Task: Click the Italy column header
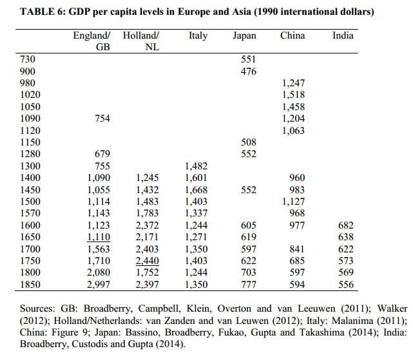(x=198, y=36)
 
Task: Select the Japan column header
(x=244, y=36)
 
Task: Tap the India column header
(x=343, y=35)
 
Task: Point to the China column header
(x=293, y=35)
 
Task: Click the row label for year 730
(x=28, y=59)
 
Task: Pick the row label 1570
(x=30, y=213)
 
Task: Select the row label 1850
(x=30, y=285)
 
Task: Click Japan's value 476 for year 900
(x=248, y=71)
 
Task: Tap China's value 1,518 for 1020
(x=293, y=95)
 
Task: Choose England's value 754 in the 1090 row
(x=102, y=118)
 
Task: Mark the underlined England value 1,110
(x=99, y=237)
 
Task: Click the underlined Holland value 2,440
(x=148, y=261)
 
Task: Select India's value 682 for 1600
(x=345, y=225)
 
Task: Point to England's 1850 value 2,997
(x=99, y=285)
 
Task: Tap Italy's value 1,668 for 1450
(x=197, y=189)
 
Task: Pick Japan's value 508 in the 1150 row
(x=248, y=142)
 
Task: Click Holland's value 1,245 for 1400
(x=148, y=178)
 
